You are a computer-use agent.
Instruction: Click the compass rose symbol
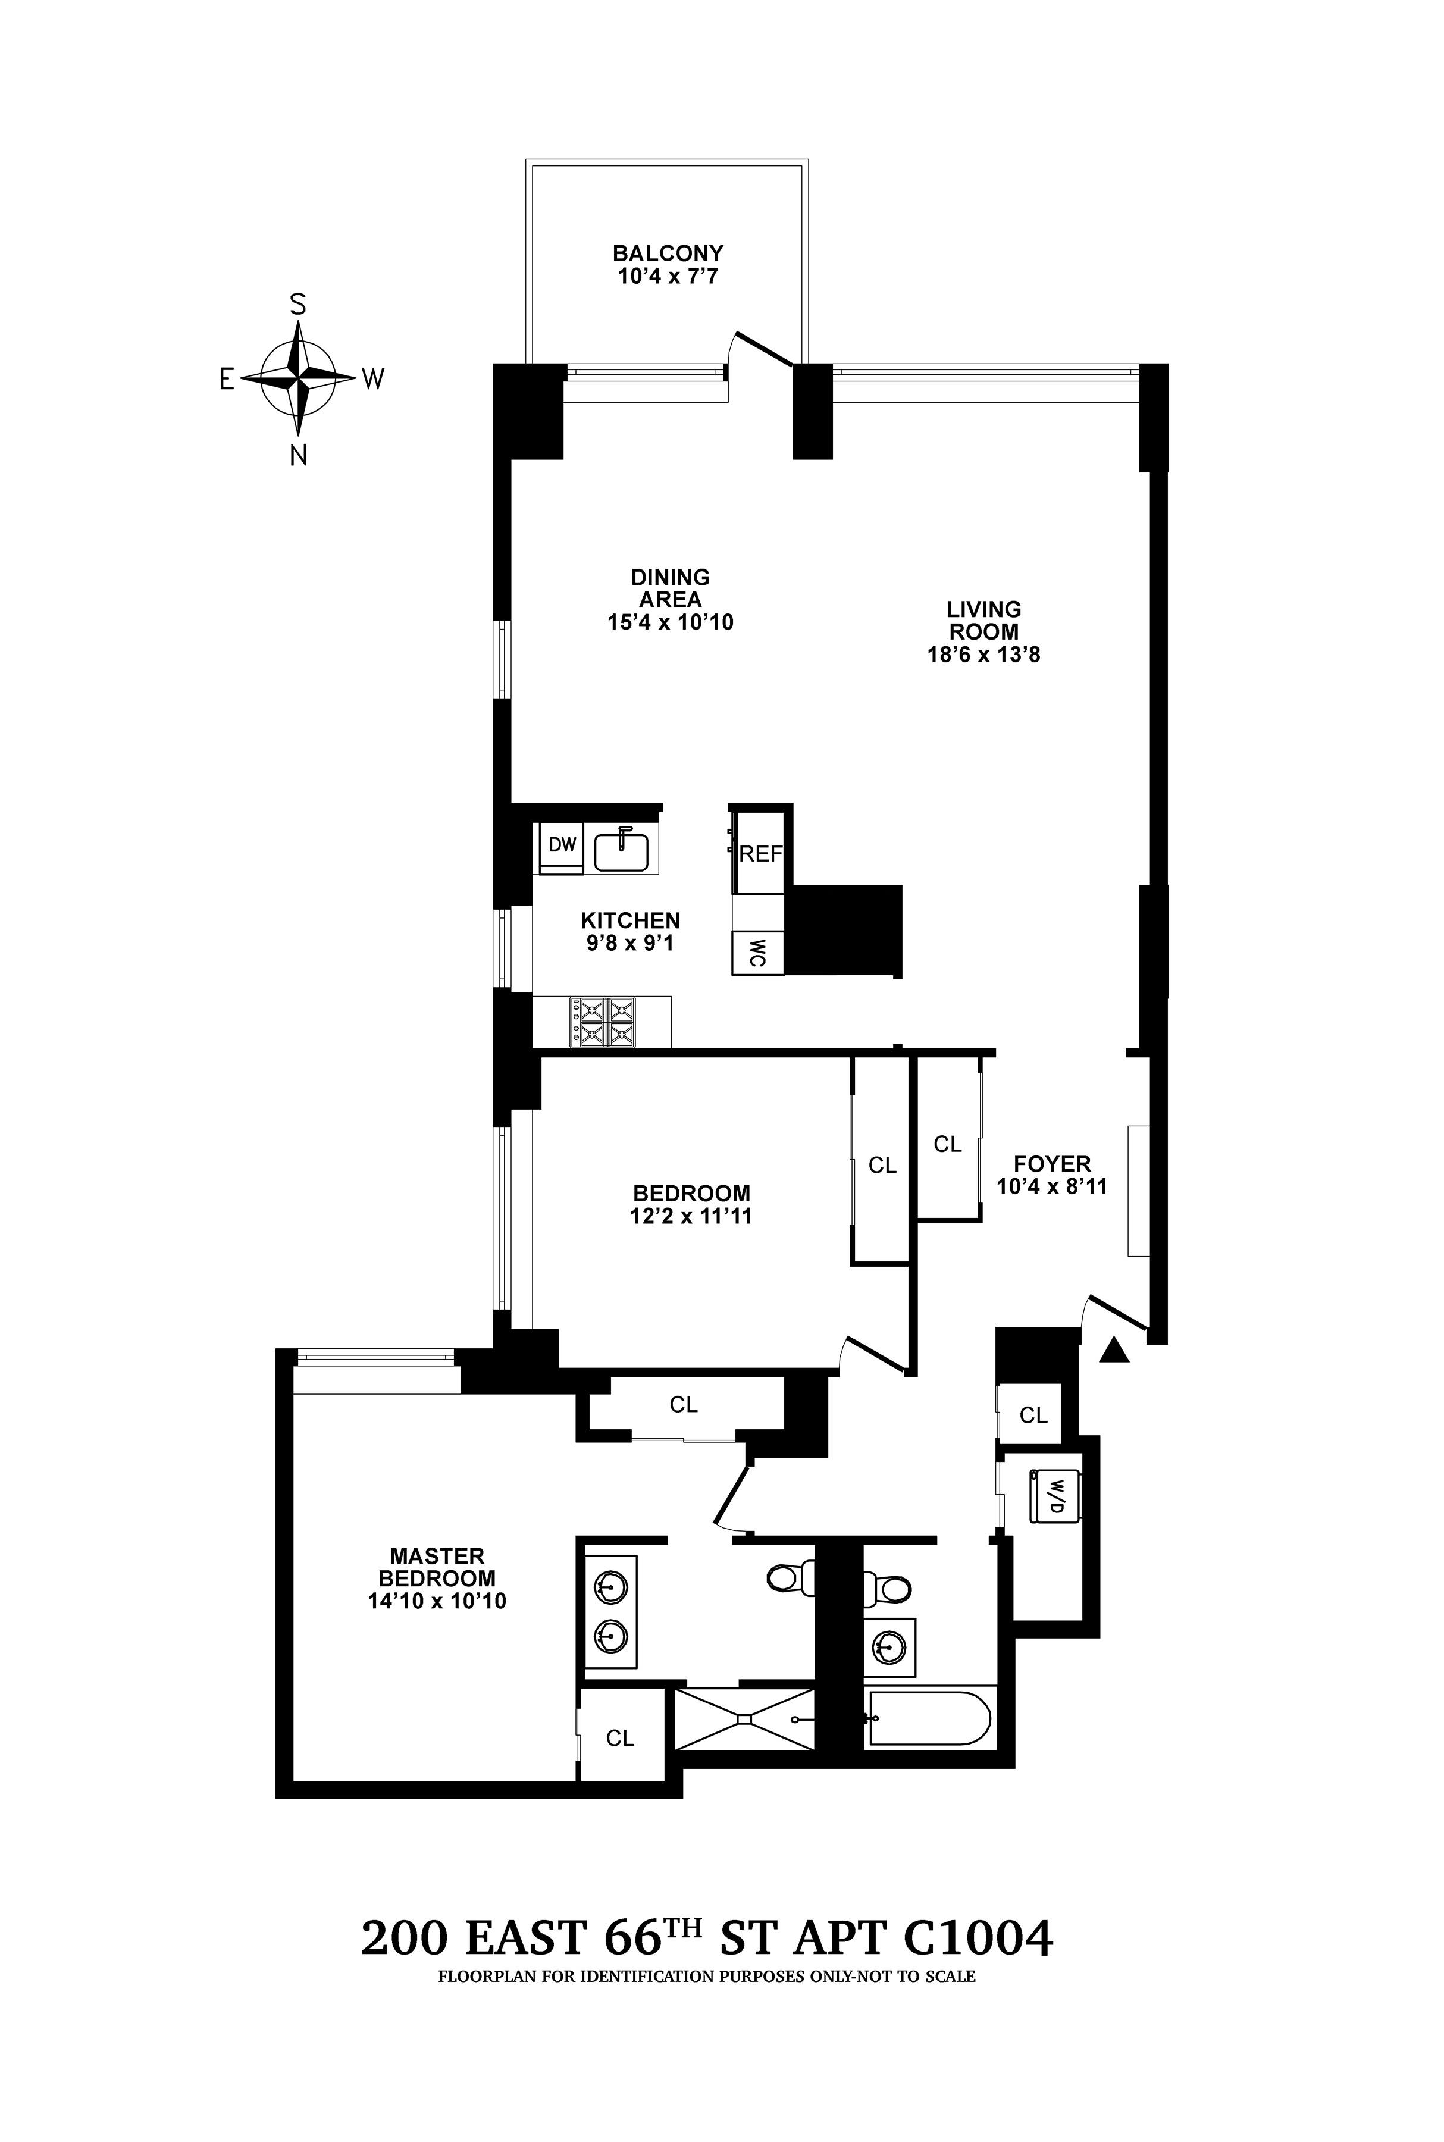tap(297, 378)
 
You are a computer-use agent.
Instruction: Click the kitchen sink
tap(622, 849)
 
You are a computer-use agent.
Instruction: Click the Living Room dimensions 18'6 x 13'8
tap(983, 656)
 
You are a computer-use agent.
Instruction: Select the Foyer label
tap(1052, 1163)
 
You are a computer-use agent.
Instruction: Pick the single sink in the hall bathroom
tap(889, 1645)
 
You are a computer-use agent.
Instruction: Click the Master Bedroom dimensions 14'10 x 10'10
tap(437, 1601)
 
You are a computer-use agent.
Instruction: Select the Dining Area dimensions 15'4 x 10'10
tap(669, 622)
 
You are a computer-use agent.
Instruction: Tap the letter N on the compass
tap(298, 455)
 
